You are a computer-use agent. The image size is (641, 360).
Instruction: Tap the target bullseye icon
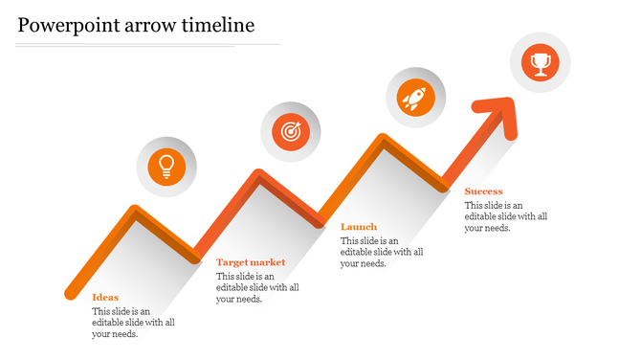tap(291, 131)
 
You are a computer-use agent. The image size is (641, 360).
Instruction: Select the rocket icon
tap(415, 97)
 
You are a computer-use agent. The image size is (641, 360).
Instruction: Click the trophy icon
tap(541, 63)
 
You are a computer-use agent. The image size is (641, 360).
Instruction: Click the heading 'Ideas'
tap(105, 298)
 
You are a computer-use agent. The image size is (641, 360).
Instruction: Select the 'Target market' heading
tap(251, 262)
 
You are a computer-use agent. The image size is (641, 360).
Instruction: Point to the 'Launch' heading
tap(359, 227)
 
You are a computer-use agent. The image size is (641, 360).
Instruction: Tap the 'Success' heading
tap(483, 191)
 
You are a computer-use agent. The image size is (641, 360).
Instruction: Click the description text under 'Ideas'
tap(133, 323)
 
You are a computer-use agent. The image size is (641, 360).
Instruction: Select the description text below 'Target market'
tap(257, 287)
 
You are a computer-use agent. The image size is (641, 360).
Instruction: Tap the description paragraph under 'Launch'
tap(382, 252)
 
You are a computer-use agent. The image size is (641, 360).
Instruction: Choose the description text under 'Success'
tap(506, 216)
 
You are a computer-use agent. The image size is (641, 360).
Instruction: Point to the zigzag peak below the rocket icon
tap(384, 140)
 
